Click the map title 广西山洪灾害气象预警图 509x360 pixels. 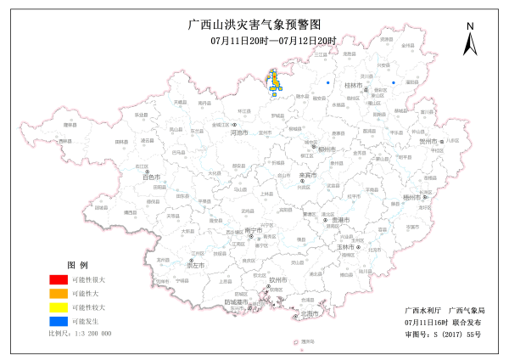click(254, 25)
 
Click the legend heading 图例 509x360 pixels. click(77, 266)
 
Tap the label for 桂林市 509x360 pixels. click(353, 86)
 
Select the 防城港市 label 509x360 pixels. click(237, 302)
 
